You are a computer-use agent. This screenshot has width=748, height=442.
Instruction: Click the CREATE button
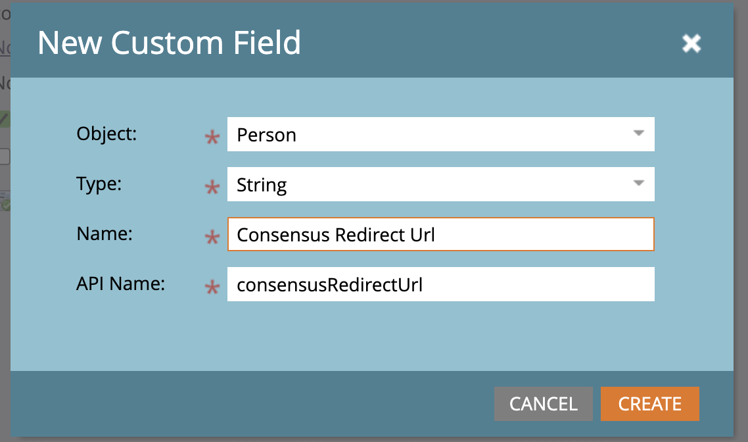649,403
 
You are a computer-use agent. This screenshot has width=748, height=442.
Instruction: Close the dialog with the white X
691,43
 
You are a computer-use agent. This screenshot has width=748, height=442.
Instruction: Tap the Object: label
106,134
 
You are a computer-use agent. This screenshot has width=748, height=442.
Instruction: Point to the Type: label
99,184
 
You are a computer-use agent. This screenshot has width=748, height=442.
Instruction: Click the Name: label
105,233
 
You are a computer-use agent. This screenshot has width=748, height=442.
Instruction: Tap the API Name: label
120,283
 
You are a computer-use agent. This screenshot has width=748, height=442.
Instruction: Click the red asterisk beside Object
212,137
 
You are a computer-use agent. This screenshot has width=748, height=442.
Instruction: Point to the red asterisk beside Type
212,187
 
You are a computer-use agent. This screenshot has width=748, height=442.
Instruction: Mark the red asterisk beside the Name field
212,237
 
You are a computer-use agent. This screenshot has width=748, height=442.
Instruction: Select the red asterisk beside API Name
212,287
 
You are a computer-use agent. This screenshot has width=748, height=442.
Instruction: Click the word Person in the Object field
266,135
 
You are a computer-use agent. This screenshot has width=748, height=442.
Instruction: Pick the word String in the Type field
262,185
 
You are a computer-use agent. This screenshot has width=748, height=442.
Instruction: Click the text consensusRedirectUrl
329,285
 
